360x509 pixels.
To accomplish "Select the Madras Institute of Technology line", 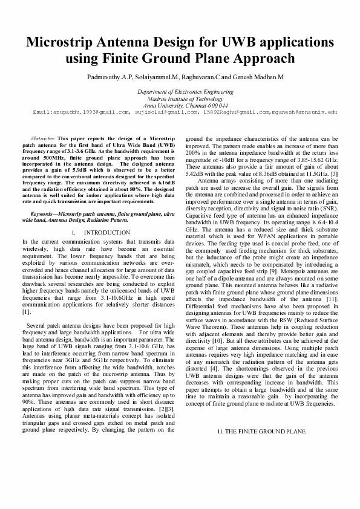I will (x=180, y=98).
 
